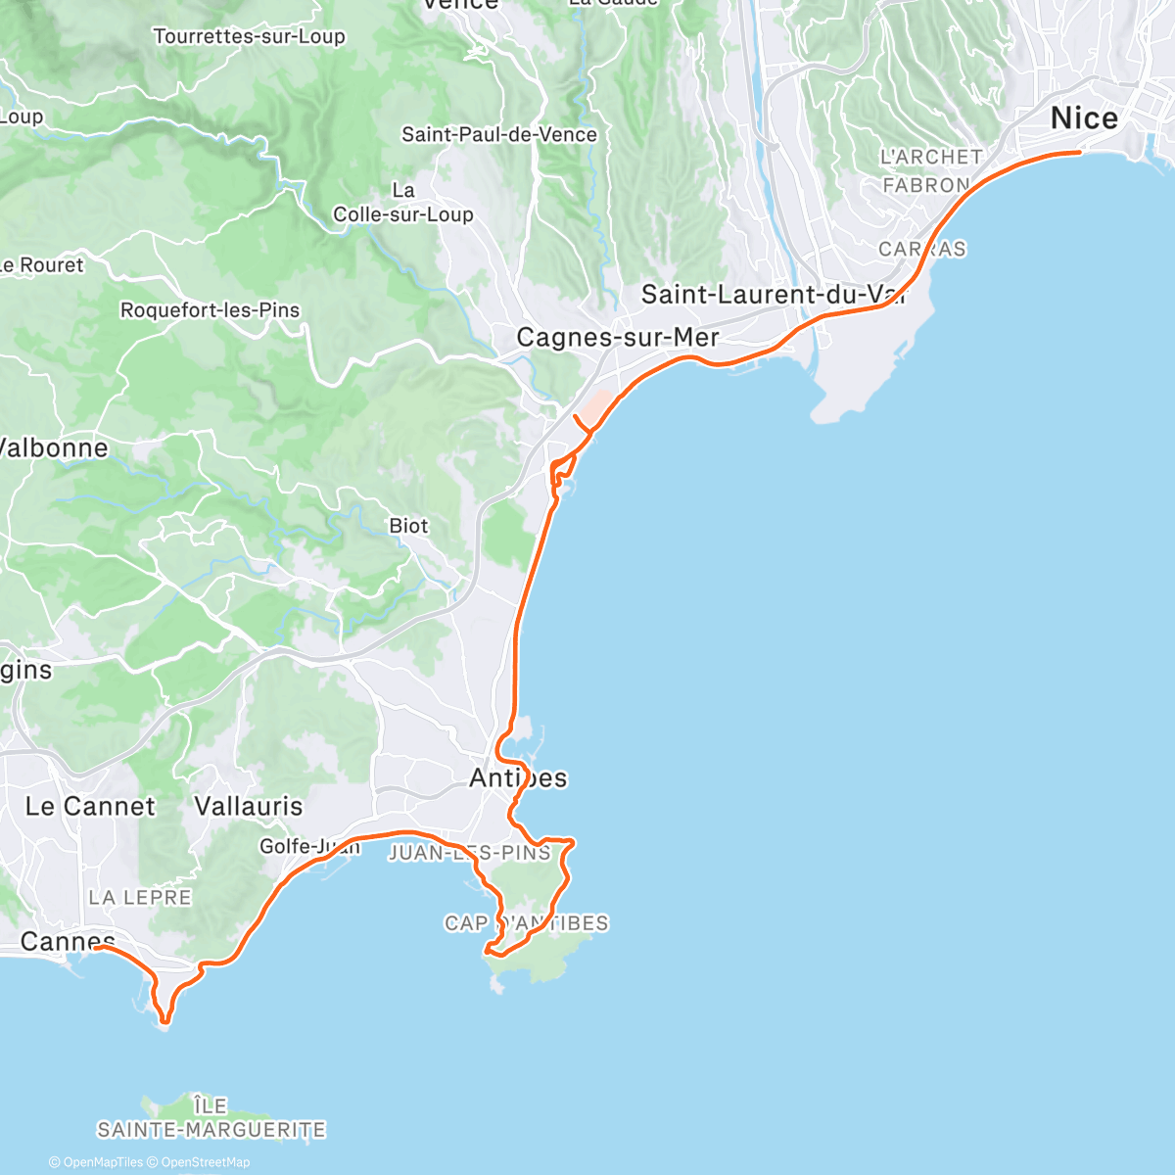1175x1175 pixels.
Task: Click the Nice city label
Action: pyautogui.click(x=1084, y=118)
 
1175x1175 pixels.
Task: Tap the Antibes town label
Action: pyautogui.click(x=518, y=778)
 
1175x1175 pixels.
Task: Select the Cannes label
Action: pyautogui.click(x=68, y=942)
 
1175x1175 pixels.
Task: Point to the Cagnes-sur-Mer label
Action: pyautogui.click(x=618, y=338)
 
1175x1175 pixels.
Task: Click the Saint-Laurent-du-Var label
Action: pyautogui.click(x=775, y=294)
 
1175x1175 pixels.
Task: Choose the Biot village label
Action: pyautogui.click(x=408, y=526)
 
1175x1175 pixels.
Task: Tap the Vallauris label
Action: pyautogui.click(x=249, y=807)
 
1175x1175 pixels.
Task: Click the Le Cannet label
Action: pyautogui.click(x=90, y=807)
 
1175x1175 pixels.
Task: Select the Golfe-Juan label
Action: pyautogui.click(x=309, y=847)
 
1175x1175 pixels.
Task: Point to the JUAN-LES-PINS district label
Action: pyautogui.click(x=470, y=853)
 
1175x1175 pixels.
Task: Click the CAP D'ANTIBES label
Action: pyautogui.click(x=527, y=923)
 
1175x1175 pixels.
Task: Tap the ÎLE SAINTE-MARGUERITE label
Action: pyautogui.click(x=211, y=1118)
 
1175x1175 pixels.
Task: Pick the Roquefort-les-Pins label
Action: pyautogui.click(x=210, y=310)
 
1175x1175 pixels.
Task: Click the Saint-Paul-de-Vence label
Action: pyautogui.click(x=499, y=135)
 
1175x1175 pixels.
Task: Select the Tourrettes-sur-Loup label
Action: pyautogui.click(x=250, y=37)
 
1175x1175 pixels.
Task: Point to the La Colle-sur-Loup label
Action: pyautogui.click(x=403, y=203)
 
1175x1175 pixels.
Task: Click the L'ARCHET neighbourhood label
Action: pyautogui.click(x=931, y=157)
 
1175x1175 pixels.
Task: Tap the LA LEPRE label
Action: pyautogui.click(x=140, y=898)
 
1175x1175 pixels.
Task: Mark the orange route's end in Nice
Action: pyautogui.click(x=1079, y=152)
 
